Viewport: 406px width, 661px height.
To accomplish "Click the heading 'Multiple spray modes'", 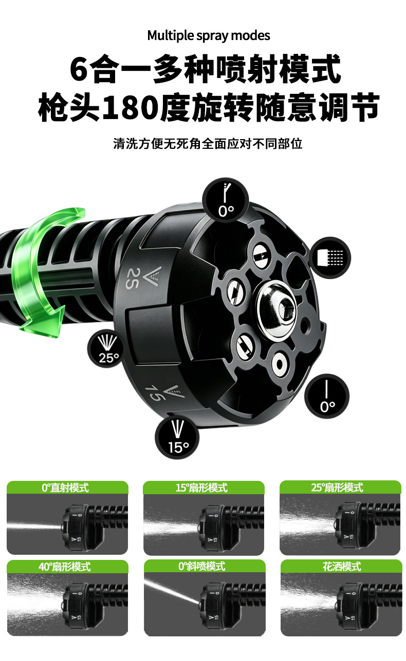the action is (208, 36).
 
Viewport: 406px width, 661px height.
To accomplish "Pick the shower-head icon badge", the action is (330, 258).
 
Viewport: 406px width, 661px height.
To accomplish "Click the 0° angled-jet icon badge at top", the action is (226, 199).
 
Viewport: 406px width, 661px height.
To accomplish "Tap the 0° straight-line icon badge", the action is (327, 396).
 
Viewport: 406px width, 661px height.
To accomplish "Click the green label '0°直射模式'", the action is (65, 488).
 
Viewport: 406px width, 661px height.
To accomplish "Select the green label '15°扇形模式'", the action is (202, 488).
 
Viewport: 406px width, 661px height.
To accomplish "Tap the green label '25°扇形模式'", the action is (337, 488).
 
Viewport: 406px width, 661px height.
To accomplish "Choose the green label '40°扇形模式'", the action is (65, 567).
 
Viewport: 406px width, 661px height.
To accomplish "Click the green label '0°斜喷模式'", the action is (202, 566).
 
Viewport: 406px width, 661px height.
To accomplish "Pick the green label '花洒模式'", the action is (342, 566).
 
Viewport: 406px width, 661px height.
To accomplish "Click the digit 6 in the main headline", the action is (79, 69).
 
